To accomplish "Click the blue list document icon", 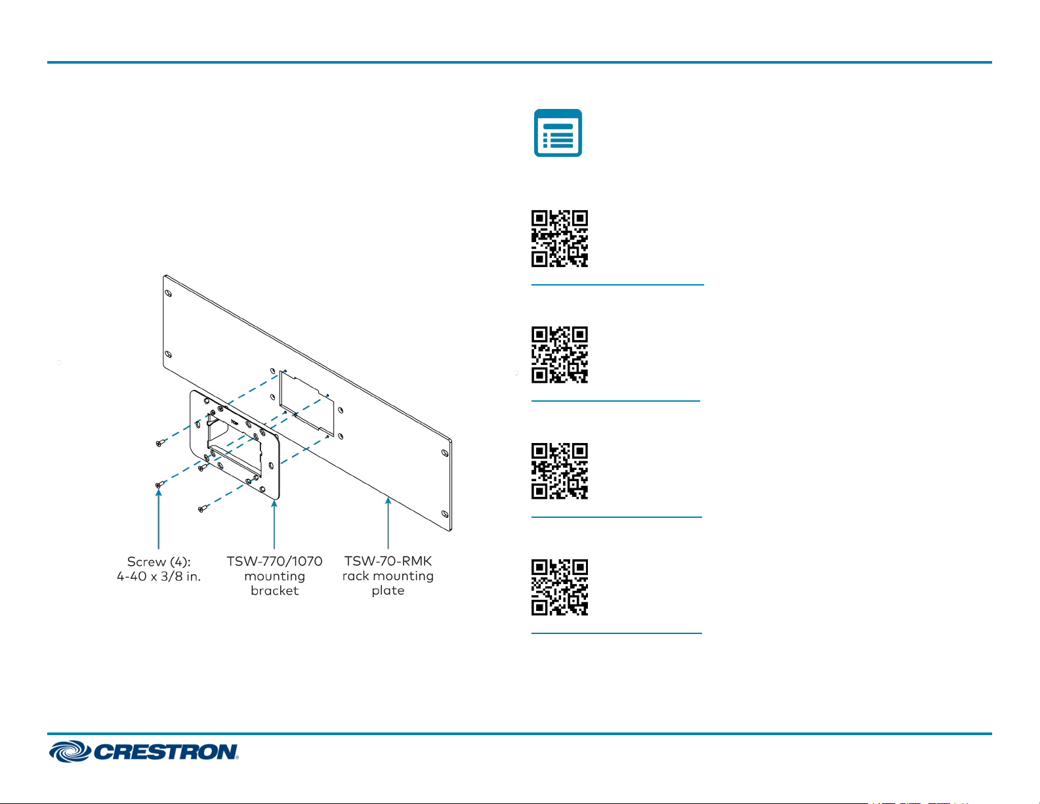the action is click(558, 133).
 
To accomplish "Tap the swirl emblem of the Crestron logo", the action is click(70, 751).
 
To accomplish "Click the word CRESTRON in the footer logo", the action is click(165, 752).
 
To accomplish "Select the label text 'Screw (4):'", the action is click(158, 562).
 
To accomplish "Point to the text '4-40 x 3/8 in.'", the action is click(158, 577).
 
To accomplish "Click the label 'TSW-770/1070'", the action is click(274, 561).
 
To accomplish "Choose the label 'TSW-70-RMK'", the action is click(388, 561).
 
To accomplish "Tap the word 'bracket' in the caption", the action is click(274, 591).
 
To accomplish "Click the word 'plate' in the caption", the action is click(388, 591).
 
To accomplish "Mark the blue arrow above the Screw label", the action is click(158, 519).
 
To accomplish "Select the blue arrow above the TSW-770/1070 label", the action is click(274, 524).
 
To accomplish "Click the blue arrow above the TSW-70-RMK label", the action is click(388, 522).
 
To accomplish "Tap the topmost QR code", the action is click(560, 238).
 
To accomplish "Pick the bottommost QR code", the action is click(560, 587).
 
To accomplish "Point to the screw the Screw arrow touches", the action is click(160, 484).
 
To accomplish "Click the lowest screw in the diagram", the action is click(203, 509).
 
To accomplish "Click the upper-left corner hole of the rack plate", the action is click(168, 293).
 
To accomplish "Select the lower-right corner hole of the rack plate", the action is click(445, 514).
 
